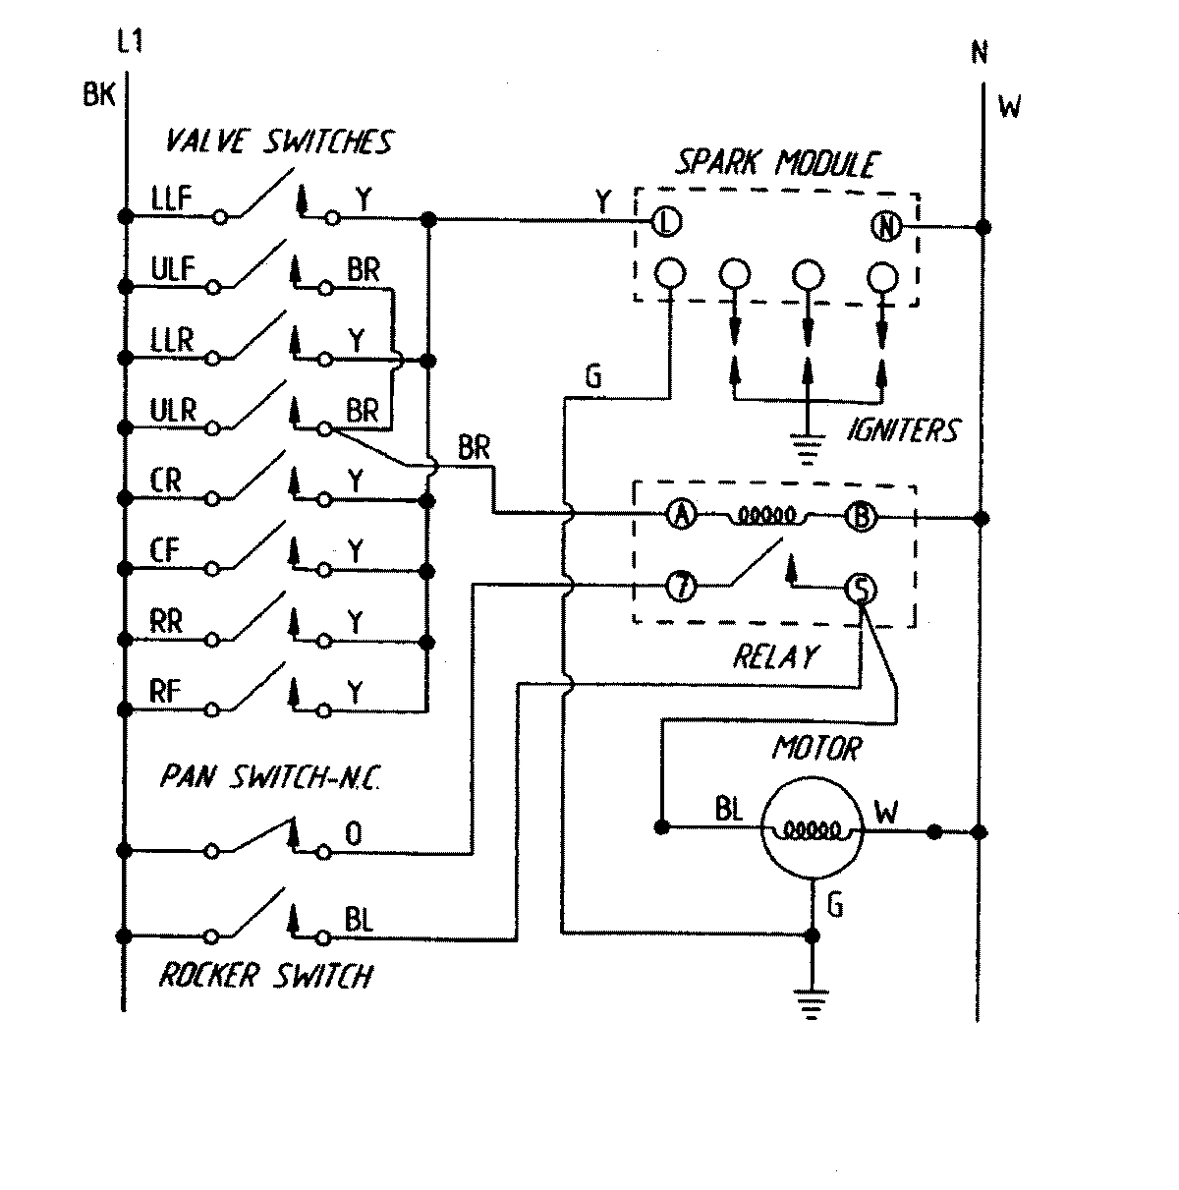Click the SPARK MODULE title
pos(775,162)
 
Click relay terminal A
pos(681,515)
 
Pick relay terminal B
pos(861,516)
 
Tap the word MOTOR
pos(816,750)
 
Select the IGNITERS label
pos(901,430)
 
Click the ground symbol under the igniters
pos(807,452)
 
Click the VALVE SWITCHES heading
pos(279,142)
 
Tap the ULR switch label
pos(174,410)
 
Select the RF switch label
pos(166,691)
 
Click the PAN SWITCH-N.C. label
pos(270,778)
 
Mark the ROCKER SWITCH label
pos(266,976)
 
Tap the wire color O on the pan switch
pos(354,835)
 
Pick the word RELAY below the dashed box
pos(775,656)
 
